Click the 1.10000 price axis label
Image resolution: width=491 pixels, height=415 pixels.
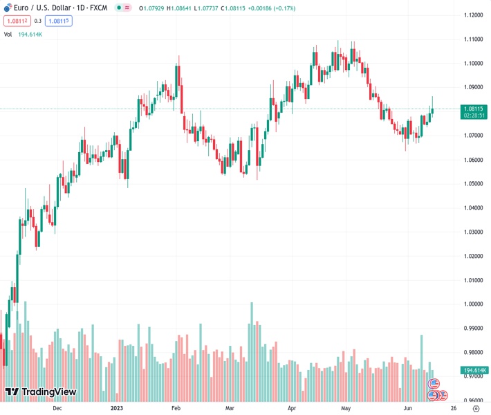pyautogui.click(x=473, y=63)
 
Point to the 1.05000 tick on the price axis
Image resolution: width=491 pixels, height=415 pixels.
pyautogui.click(x=473, y=183)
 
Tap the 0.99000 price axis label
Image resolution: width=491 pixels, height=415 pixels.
pyautogui.click(x=473, y=328)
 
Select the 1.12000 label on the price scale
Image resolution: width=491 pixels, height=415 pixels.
pyautogui.click(x=473, y=15)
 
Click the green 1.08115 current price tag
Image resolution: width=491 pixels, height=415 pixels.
pyautogui.click(x=474, y=109)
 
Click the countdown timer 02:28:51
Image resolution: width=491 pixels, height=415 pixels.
pyautogui.click(x=474, y=116)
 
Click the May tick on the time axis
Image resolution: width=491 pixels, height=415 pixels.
pyautogui.click(x=345, y=408)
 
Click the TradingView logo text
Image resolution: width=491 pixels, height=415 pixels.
pyautogui.click(x=48, y=392)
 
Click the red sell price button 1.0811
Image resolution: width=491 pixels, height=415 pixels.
pyautogui.click(x=15, y=21)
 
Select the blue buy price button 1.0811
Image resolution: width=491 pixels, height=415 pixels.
pyautogui.click(x=59, y=21)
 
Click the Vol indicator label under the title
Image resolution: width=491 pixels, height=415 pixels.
pyautogui.click(x=8, y=34)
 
